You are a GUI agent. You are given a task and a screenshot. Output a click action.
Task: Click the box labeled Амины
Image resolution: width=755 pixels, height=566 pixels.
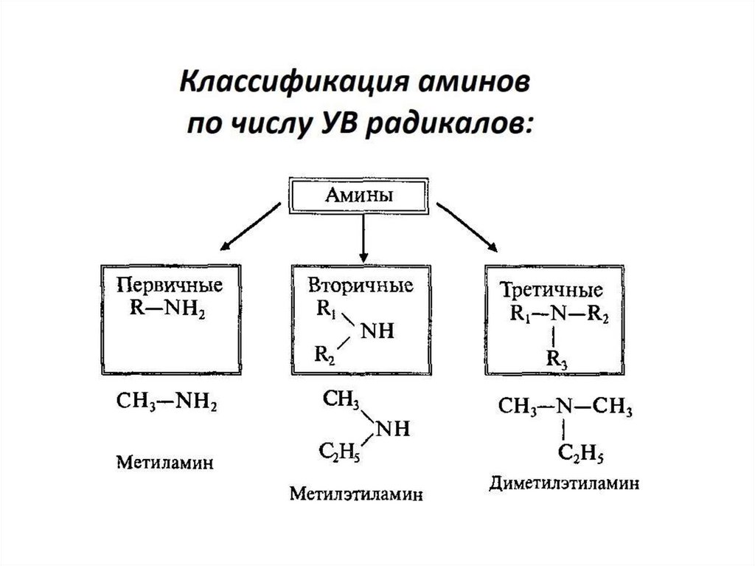(x=358, y=196)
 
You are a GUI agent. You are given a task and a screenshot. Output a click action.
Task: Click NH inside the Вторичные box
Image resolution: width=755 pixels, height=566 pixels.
(x=377, y=331)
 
